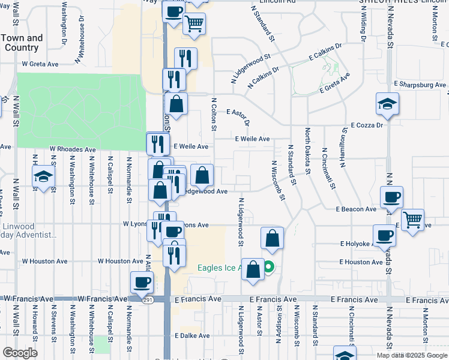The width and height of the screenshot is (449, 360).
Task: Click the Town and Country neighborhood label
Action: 22,43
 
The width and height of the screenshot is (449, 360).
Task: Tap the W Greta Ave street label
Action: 40,63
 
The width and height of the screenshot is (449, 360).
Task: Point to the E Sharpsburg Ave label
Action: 420,85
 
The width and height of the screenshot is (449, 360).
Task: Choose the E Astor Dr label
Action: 237,113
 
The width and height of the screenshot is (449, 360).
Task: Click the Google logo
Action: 20,353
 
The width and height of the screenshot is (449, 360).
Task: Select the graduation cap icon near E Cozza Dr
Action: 388,104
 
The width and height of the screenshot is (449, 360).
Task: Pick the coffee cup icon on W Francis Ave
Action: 142,282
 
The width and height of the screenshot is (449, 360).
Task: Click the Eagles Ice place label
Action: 220,268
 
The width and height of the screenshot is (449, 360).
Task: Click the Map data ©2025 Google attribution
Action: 411,355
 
